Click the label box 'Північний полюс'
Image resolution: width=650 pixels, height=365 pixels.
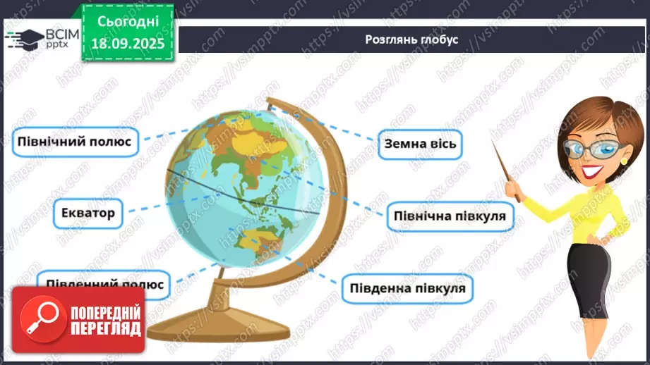(x=75, y=141)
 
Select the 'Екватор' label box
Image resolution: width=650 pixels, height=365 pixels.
(x=88, y=211)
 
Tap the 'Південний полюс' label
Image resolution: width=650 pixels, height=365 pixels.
(x=104, y=283)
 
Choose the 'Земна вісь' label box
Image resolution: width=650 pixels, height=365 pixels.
(x=420, y=144)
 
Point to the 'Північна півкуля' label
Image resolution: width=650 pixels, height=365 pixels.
(x=450, y=216)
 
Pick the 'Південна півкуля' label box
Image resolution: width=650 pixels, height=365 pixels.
(x=407, y=287)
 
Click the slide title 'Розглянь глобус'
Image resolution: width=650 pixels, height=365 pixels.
(x=411, y=39)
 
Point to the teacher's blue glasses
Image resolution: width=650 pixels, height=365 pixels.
(x=597, y=149)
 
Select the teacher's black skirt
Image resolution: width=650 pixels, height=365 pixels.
(x=595, y=282)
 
